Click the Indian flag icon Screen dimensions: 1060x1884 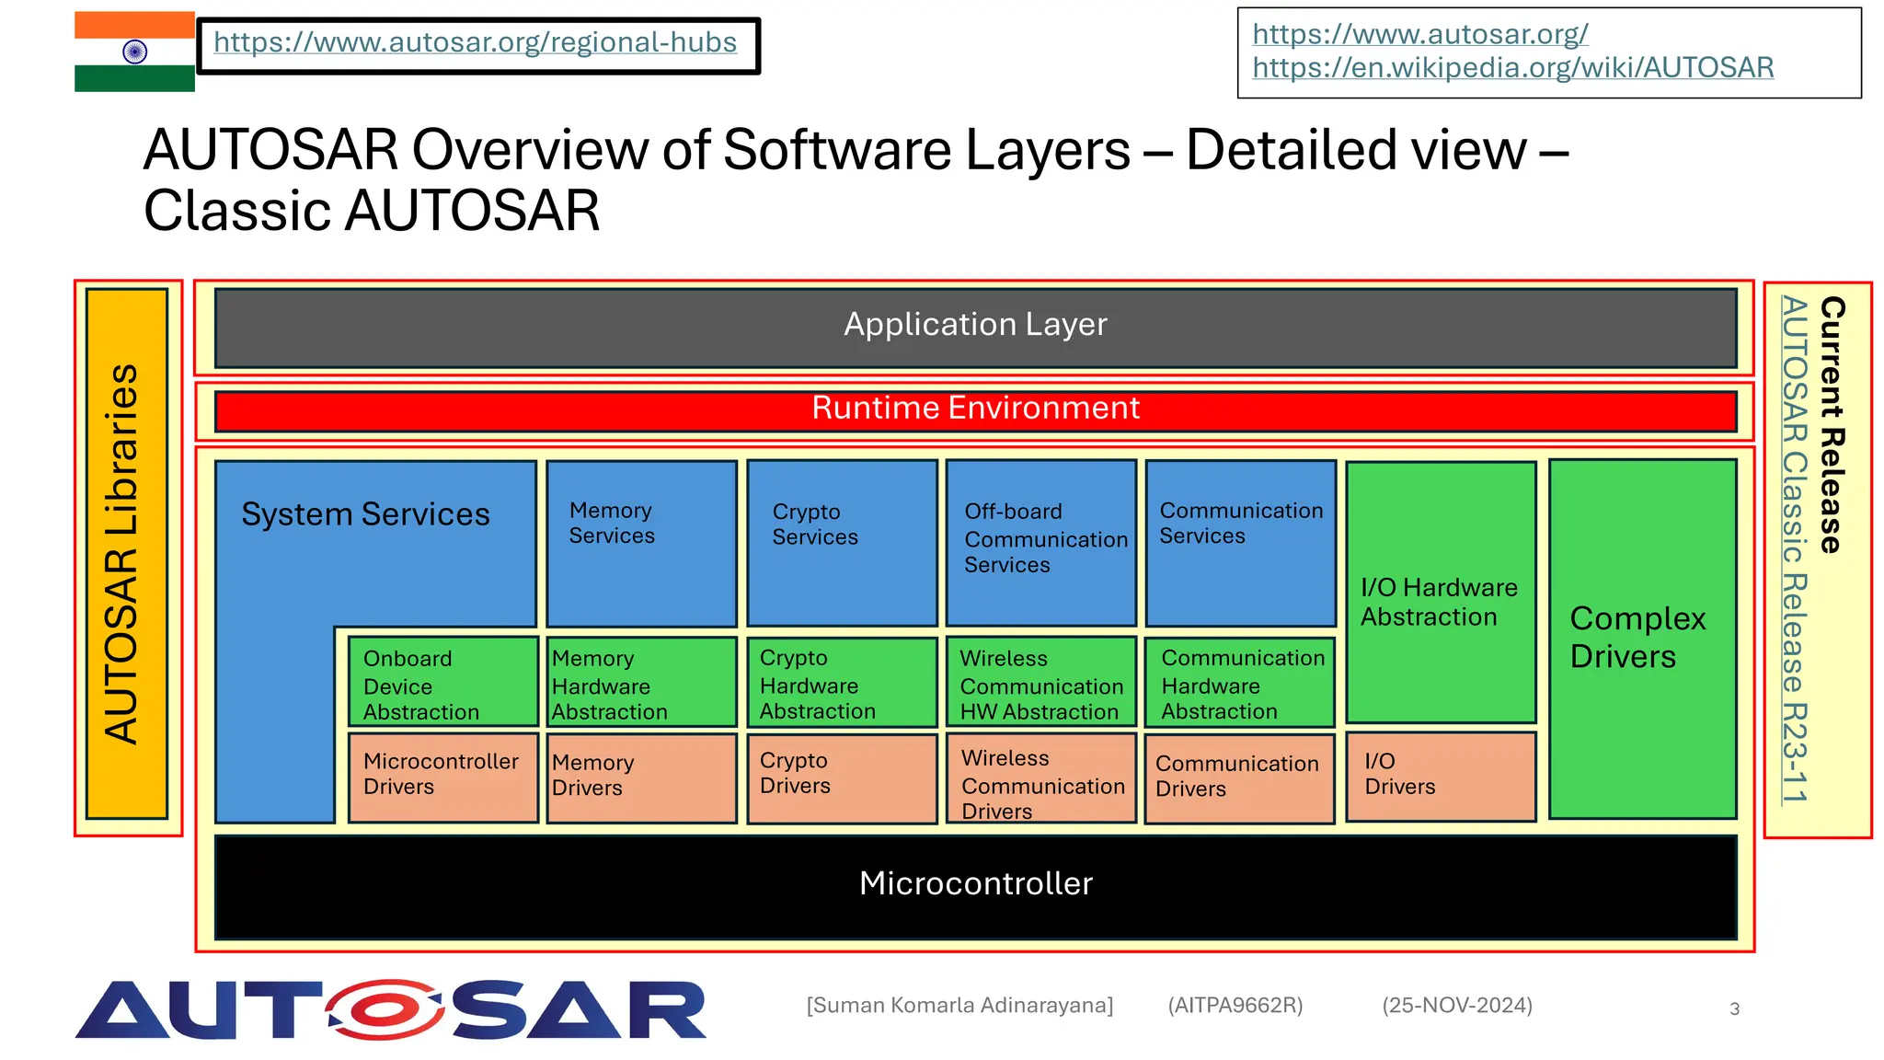coord(134,52)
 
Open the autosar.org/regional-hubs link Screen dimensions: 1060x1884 coord(475,43)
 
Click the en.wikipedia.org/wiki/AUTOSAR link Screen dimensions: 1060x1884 coord(1512,68)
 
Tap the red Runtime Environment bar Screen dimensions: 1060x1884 coord(975,409)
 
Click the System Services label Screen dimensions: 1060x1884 coord(365,514)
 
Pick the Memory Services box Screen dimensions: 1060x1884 coord(641,543)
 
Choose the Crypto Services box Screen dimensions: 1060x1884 coord(841,543)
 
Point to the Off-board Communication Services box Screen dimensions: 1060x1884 coord(1041,543)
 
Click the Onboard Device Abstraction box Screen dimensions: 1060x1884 coord(442,683)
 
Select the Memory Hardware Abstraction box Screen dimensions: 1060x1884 coord(641,683)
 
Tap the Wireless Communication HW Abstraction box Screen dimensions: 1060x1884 coord(1041,683)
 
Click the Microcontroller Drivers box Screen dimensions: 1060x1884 coord(442,776)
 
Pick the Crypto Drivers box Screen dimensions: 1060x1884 coord(841,776)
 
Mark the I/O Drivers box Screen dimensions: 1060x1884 coord(1440,776)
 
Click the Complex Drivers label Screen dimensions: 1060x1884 coord(1637,638)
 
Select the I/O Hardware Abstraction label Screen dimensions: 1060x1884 coord(1439,603)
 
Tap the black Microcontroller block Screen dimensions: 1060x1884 coord(975,885)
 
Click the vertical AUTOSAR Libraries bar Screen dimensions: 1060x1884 coord(127,554)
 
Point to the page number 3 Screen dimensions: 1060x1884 coord(1734,1009)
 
